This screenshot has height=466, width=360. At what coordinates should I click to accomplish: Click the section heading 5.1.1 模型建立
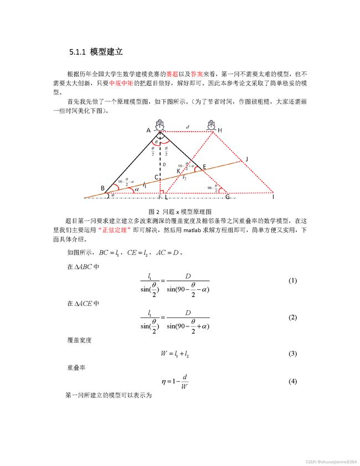95,52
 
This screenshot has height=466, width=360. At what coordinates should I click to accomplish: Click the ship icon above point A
160,124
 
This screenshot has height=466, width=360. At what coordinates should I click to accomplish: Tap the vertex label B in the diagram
103,188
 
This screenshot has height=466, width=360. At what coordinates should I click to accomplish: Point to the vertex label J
246,159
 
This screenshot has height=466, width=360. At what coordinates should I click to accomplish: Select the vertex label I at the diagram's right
273,197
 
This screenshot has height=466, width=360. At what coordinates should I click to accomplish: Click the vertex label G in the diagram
227,197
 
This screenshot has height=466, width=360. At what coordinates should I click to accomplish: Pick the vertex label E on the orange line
204,166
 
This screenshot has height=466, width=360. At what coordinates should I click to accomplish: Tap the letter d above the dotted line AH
188,127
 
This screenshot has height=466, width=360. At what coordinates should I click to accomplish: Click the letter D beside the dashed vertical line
164,165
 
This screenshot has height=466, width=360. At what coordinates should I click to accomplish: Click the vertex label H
220,130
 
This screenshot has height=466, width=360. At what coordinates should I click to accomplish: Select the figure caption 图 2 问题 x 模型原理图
180,212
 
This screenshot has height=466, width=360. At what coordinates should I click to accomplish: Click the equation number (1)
293,281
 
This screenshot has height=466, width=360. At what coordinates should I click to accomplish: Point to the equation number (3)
293,354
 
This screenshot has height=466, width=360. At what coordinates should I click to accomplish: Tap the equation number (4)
293,382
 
